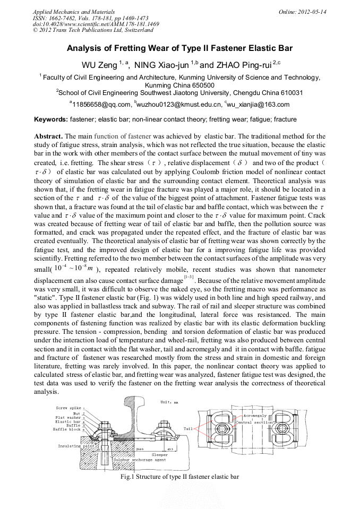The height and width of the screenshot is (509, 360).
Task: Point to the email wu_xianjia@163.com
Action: tap(259, 105)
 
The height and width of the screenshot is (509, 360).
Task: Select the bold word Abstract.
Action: tap(48, 136)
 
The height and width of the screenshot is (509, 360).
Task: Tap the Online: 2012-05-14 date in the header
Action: tap(302, 12)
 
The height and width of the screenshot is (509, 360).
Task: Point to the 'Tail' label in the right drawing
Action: tap(188, 428)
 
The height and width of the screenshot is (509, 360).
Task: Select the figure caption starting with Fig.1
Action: tap(179, 477)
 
